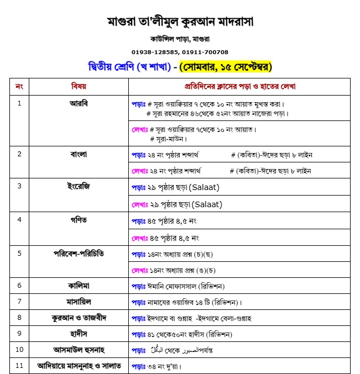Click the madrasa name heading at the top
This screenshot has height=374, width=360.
coord(180,22)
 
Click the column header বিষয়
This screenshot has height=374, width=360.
coord(79,87)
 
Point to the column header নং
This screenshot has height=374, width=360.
coord(19,87)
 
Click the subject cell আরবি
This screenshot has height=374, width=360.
coord(79,103)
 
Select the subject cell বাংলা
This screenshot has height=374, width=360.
coord(79,154)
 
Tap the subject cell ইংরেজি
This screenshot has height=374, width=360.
coord(79,186)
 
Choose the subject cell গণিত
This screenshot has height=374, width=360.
coord(79,220)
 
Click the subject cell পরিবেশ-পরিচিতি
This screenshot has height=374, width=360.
coord(79,254)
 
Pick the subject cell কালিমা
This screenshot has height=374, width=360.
coord(79,286)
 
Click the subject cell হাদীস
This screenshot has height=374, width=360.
coord(79,334)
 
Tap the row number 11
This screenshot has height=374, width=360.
coord(19,366)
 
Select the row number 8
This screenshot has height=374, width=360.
coord(19,318)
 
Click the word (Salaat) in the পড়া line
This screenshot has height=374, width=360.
coord(205,187)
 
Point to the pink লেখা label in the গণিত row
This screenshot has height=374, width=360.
coord(139,238)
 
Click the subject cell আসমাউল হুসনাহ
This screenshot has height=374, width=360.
coord(79,350)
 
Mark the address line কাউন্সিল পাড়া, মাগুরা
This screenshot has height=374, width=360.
coord(180,39)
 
